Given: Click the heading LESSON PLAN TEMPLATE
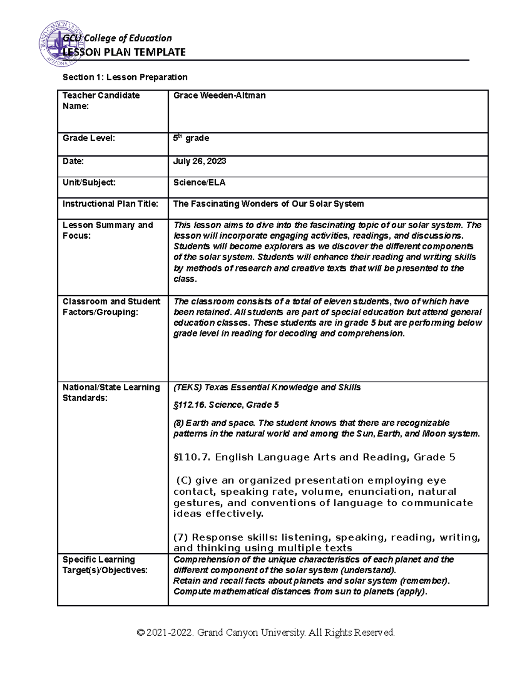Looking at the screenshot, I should [124, 52].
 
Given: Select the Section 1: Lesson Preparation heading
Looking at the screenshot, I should [125, 77].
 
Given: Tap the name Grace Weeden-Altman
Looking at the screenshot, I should [219, 95].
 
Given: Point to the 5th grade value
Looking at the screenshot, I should [191, 138].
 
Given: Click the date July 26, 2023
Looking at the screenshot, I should [199, 161].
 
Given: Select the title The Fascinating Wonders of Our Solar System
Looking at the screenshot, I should [268, 204].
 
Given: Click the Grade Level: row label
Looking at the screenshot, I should [89, 138].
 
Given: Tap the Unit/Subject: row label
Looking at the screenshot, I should [89, 182].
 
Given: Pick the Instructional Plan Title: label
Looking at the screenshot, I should [110, 204].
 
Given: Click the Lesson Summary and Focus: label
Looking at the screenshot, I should [108, 230].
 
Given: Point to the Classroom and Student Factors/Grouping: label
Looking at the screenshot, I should [111, 307].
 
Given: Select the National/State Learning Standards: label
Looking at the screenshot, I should [111, 393].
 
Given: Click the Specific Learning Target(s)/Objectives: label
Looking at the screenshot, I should [105, 565].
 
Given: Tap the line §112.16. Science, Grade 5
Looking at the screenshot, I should [226, 405].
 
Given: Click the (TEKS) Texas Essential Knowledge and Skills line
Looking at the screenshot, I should [267, 387].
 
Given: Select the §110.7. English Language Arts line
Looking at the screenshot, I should [314, 457].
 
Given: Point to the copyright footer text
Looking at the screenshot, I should [266, 632].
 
